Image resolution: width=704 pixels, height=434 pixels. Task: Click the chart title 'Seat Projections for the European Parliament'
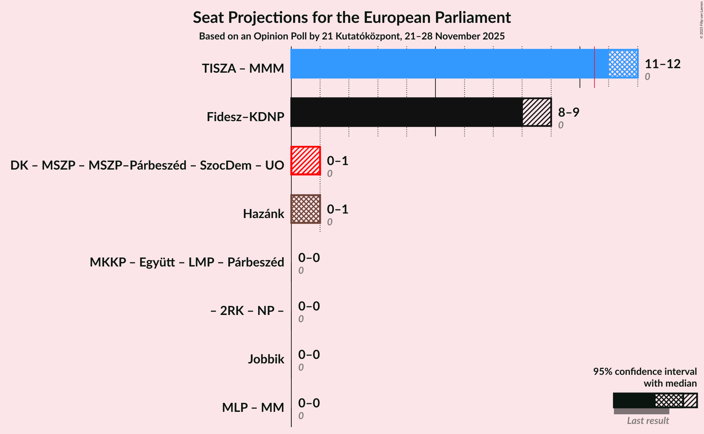pos(352,17)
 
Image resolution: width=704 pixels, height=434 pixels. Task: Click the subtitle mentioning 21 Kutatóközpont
pos(352,36)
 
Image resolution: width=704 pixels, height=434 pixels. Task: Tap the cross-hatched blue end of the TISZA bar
pos(623,64)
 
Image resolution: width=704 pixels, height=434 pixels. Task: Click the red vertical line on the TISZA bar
pos(595,66)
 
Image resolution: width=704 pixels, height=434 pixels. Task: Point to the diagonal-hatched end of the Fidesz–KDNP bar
pos(537,112)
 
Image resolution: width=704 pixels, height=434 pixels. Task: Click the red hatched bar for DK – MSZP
pos(306,161)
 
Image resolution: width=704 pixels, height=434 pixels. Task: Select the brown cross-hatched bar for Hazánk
pos(306,209)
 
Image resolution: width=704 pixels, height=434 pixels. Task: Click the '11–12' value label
pos(662,64)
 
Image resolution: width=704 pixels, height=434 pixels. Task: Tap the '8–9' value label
pos(569,112)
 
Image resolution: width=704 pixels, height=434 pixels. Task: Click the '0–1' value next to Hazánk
pos(337,209)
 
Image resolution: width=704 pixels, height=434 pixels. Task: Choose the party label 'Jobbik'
pos(266,359)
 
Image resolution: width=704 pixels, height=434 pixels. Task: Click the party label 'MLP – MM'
pos(253,408)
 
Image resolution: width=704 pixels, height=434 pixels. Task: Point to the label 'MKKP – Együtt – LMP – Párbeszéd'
pos(187,262)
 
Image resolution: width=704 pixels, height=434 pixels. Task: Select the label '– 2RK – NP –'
pos(247,311)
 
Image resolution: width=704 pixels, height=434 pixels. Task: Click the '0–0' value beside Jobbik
pos(309,355)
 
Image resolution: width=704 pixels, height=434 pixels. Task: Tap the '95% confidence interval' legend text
pos(645,372)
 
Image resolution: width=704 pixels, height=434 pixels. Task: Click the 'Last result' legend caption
pos(648,421)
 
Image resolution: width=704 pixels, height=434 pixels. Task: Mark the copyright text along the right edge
pos(701,20)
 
